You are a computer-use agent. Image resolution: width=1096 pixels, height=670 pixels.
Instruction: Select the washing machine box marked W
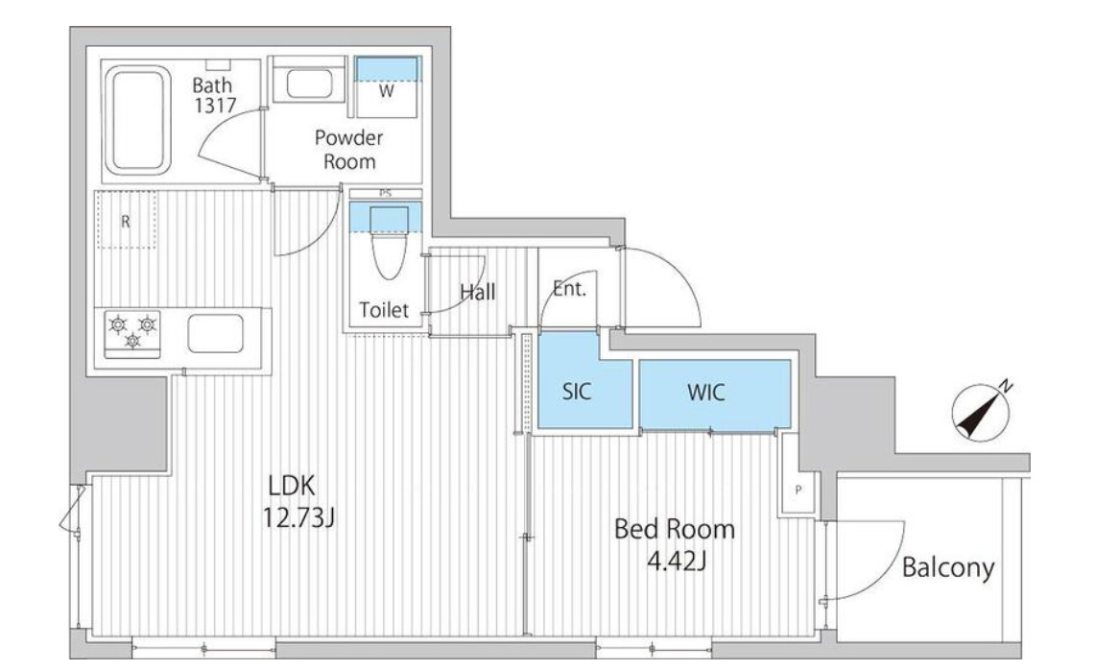387,87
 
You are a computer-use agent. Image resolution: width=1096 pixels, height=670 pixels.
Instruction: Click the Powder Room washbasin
309,84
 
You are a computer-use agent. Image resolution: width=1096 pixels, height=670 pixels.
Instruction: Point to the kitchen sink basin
216,334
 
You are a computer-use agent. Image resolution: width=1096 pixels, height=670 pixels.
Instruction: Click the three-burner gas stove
132,334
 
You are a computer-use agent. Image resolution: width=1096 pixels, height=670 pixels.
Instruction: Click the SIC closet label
577,392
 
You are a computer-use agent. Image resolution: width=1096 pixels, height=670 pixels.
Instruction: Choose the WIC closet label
706,393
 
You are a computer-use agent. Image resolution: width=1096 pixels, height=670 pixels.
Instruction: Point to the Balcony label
948,567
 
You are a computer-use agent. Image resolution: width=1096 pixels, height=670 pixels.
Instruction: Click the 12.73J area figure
298,517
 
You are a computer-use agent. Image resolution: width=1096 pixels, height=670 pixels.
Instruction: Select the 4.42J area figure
676,561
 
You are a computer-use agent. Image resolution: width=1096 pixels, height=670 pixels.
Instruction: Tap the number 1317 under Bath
215,106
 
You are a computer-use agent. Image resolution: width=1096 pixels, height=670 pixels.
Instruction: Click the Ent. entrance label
569,288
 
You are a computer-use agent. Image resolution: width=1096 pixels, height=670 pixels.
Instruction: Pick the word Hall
478,292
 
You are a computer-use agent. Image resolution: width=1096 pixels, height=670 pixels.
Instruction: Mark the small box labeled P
798,491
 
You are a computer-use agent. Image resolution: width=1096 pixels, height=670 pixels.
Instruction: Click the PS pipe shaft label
385,193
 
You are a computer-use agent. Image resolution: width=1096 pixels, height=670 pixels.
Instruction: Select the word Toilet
384,309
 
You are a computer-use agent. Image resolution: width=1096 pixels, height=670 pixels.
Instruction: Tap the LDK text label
292,485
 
